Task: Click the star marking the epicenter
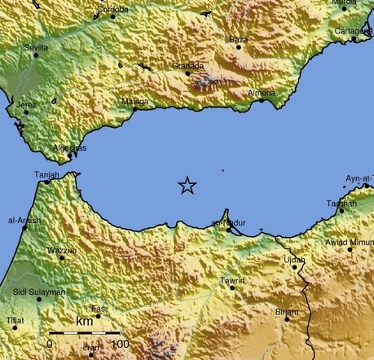(187, 186)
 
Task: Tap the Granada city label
(187, 65)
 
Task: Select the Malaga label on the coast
(134, 101)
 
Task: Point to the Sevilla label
(36, 48)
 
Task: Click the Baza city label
(238, 39)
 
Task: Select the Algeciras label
(69, 147)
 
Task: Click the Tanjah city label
(47, 174)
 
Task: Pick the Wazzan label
(62, 250)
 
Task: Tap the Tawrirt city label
(232, 280)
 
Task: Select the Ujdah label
(293, 260)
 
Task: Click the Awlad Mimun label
(350, 241)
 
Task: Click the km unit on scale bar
(84, 323)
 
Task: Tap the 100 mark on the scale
(120, 345)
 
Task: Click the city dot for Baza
(240, 46)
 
